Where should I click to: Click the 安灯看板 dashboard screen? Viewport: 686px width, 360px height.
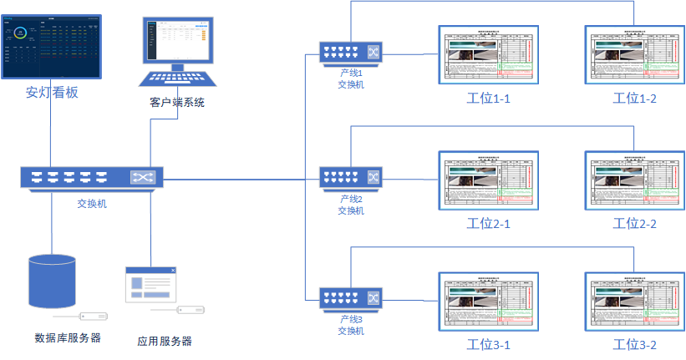coord(52,47)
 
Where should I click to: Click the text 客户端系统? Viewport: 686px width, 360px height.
coord(176,103)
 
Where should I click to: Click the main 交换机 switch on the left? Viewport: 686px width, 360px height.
coord(92,178)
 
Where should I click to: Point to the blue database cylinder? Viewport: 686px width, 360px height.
coord(52,282)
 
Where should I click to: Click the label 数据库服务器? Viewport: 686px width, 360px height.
coord(68,338)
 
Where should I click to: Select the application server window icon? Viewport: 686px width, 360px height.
coord(151,285)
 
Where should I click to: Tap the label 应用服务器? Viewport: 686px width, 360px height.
coord(165,341)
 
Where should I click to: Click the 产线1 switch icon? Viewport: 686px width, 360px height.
coord(351,53)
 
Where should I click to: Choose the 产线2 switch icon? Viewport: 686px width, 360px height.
coord(351,178)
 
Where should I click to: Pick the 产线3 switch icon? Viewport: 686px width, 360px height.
coord(351,296)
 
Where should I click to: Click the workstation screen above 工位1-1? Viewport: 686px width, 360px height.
coord(489,55)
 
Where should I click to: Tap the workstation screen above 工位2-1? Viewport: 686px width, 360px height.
coord(489,180)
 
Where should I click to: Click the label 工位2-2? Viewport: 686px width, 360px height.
coord(635,223)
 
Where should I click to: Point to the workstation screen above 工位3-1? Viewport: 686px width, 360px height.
coord(489,302)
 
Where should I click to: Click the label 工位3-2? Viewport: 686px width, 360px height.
coord(635,345)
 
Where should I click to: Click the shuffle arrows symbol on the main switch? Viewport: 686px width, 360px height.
coord(141,178)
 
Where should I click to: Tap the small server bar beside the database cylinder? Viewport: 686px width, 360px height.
coord(93,317)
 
